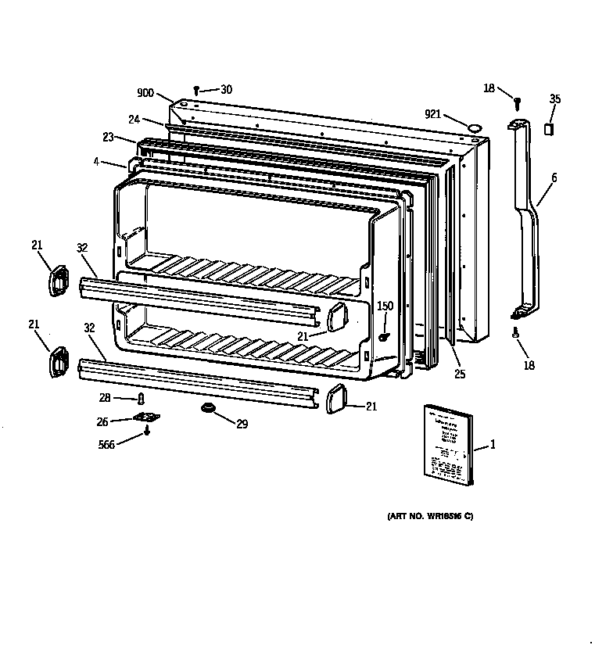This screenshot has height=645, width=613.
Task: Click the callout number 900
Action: click(145, 93)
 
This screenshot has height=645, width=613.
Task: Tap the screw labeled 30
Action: click(197, 91)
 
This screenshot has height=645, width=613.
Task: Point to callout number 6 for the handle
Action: click(554, 178)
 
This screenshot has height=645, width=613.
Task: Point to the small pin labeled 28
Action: click(142, 400)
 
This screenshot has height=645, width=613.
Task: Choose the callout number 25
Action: click(460, 374)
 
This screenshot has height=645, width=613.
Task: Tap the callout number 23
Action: click(108, 136)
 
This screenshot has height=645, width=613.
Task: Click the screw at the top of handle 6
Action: click(517, 102)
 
